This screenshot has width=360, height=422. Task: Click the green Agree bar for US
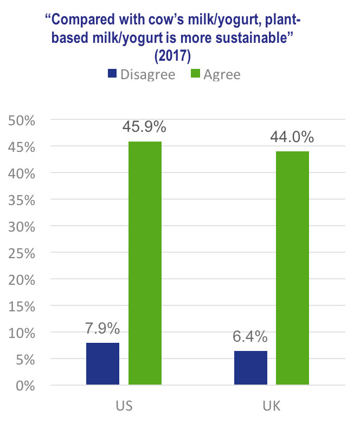(x=145, y=263)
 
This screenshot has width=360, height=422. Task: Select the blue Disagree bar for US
(x=102, y=363)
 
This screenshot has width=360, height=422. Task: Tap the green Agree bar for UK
(x=292, y=268)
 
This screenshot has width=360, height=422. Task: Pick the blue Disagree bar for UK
(x=250, y=368)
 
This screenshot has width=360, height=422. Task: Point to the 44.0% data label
(x=292, y=137)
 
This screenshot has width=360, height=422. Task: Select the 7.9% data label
(x=102, y=328)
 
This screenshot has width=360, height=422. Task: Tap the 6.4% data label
(x=250, y=336)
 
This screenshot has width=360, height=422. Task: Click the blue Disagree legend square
(x=112, y=74)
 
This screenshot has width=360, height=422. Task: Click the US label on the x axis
(x=124, y=406)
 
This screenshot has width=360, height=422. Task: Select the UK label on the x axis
(x=272, y=406)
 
